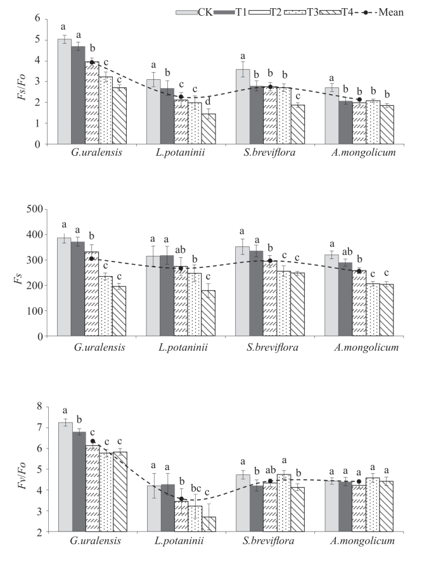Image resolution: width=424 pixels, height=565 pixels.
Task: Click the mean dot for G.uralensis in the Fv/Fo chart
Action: coord(92,441)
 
